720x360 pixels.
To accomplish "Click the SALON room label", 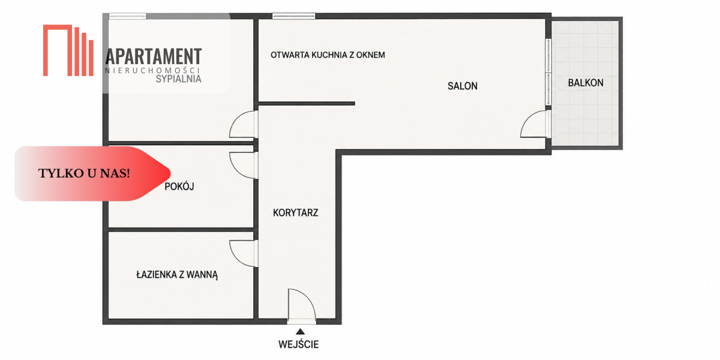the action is (x=462, y=86).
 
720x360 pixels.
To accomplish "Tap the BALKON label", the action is (x=586, y=83).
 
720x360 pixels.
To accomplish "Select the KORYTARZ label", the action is (x=295, y=212).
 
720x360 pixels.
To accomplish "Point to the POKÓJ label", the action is (x=179, y=186).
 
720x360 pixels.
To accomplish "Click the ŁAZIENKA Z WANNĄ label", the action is (x=177, y=275).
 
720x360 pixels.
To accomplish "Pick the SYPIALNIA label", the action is (x=178, y=79).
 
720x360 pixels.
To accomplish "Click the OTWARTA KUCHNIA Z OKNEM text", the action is (x=328, y=55).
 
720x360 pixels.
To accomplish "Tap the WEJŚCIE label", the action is (x=299, y=344).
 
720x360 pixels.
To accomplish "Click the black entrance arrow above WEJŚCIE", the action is (x=300, y=331).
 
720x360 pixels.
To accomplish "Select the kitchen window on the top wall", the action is (x=294, y=16).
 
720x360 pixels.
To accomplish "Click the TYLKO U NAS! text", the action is (x=84, y=173).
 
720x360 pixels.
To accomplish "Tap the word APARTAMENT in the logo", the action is (x=154, y=56).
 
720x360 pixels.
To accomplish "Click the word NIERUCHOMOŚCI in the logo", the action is (x=152, y=70).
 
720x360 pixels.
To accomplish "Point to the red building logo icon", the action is (x=68, y=50).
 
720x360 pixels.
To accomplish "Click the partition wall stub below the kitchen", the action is (x=307, y=103).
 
